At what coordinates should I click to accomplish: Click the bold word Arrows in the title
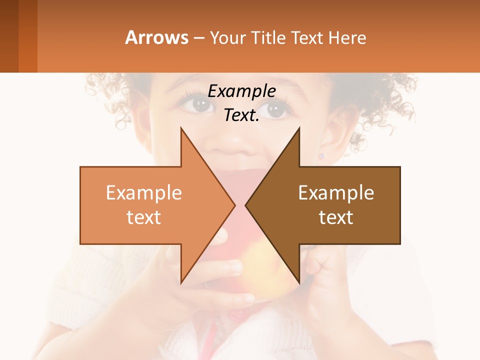tap(157, 37)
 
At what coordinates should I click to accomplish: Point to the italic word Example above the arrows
tap(241, 91)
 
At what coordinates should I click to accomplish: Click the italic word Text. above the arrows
tap(241, 115)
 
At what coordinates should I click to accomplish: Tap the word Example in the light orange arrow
tap(143, 192)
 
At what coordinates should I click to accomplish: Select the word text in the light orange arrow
tap(143, 217)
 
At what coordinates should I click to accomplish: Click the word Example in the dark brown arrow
tap(336, 192)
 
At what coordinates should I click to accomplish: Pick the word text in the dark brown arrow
tap(336, 217)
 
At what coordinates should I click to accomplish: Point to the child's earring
tap(321, 156)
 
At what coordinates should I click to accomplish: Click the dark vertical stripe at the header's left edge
tap(9, 36)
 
